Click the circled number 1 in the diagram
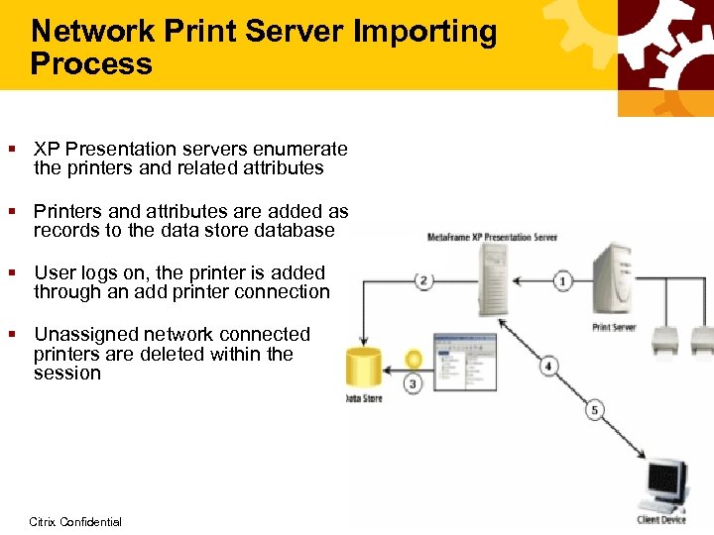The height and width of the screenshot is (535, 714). [x=562, y=281]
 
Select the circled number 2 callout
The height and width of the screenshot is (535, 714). [x=423, y=280]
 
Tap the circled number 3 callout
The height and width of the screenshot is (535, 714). [x=413, y=382]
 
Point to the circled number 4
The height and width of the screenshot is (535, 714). [x=547, y=367]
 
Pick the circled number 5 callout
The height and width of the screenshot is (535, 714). [x=595, y=410]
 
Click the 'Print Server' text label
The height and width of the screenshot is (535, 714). [x=613, y=326]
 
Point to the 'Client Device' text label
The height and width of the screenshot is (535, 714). [x=660, y=520]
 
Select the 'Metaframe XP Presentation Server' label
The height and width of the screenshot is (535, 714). [x=492, y=238]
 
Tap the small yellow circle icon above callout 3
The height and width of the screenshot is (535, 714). [x=413, y=359]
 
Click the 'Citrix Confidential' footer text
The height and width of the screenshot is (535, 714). [x=75, y=521]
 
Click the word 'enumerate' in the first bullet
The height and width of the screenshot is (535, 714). [x=301, y=150]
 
